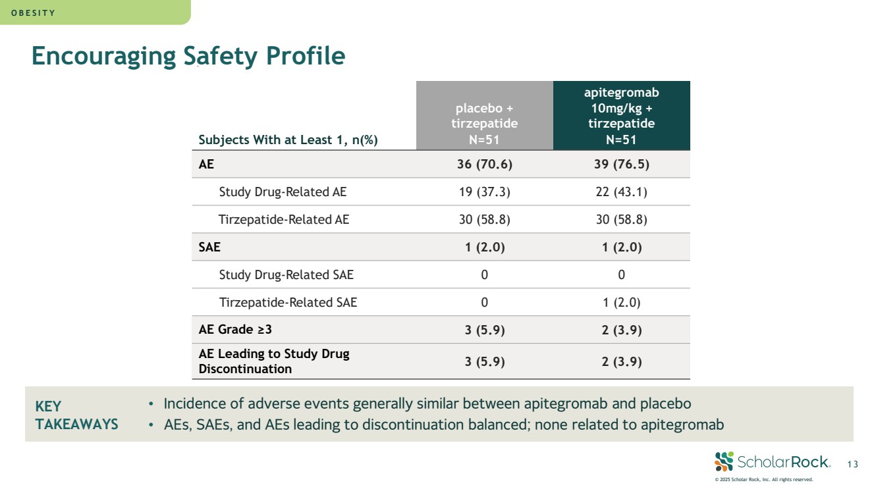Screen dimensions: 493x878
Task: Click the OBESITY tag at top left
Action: tap(37, 13)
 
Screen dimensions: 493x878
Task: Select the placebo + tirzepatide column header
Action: tap(484, 116)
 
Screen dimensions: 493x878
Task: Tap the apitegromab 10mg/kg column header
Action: tap(621, 116)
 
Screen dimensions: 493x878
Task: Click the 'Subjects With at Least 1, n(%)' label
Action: tap(288, 140)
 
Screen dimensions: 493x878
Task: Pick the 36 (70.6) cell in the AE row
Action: tap(484, 165)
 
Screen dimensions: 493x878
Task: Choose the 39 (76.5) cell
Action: tap(621, 165)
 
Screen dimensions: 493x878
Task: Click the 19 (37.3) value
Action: tap(484, 192)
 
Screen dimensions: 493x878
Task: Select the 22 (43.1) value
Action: tap(621, 192)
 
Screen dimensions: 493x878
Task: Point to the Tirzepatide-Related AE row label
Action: tap(284, 220)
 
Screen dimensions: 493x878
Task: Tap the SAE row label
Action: tap(209, 247)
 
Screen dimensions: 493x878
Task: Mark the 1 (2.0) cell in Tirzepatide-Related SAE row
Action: tap(621, 303)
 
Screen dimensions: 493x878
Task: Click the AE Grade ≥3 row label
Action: tap(235, 330)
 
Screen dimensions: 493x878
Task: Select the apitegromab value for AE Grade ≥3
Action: tap(621, 330)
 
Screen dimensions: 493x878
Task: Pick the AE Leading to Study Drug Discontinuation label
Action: tap(274, 361)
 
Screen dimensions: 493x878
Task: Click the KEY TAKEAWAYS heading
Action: tap(76, 415)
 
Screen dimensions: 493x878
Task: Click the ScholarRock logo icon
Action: tap(723, 461)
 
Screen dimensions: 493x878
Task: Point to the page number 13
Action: tap(852, 465)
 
